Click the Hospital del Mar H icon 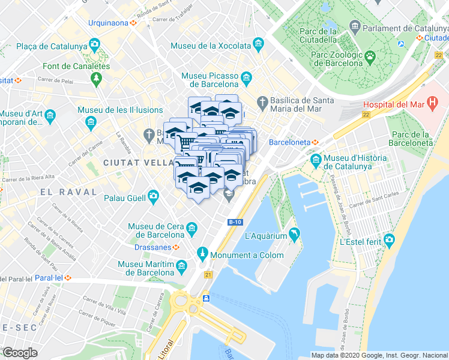click(x=432, y=104)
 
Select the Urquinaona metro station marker click(x=134, y=23)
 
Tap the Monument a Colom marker click(x=202, y=254)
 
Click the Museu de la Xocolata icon click(x=258, y=44)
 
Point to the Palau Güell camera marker click(x=154, y=196)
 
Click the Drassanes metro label click(x=151, y=247)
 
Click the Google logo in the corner click(x=20, y=353)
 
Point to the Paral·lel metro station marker click(x=68, y=278)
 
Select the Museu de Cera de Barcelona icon click(x=191, y=228)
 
